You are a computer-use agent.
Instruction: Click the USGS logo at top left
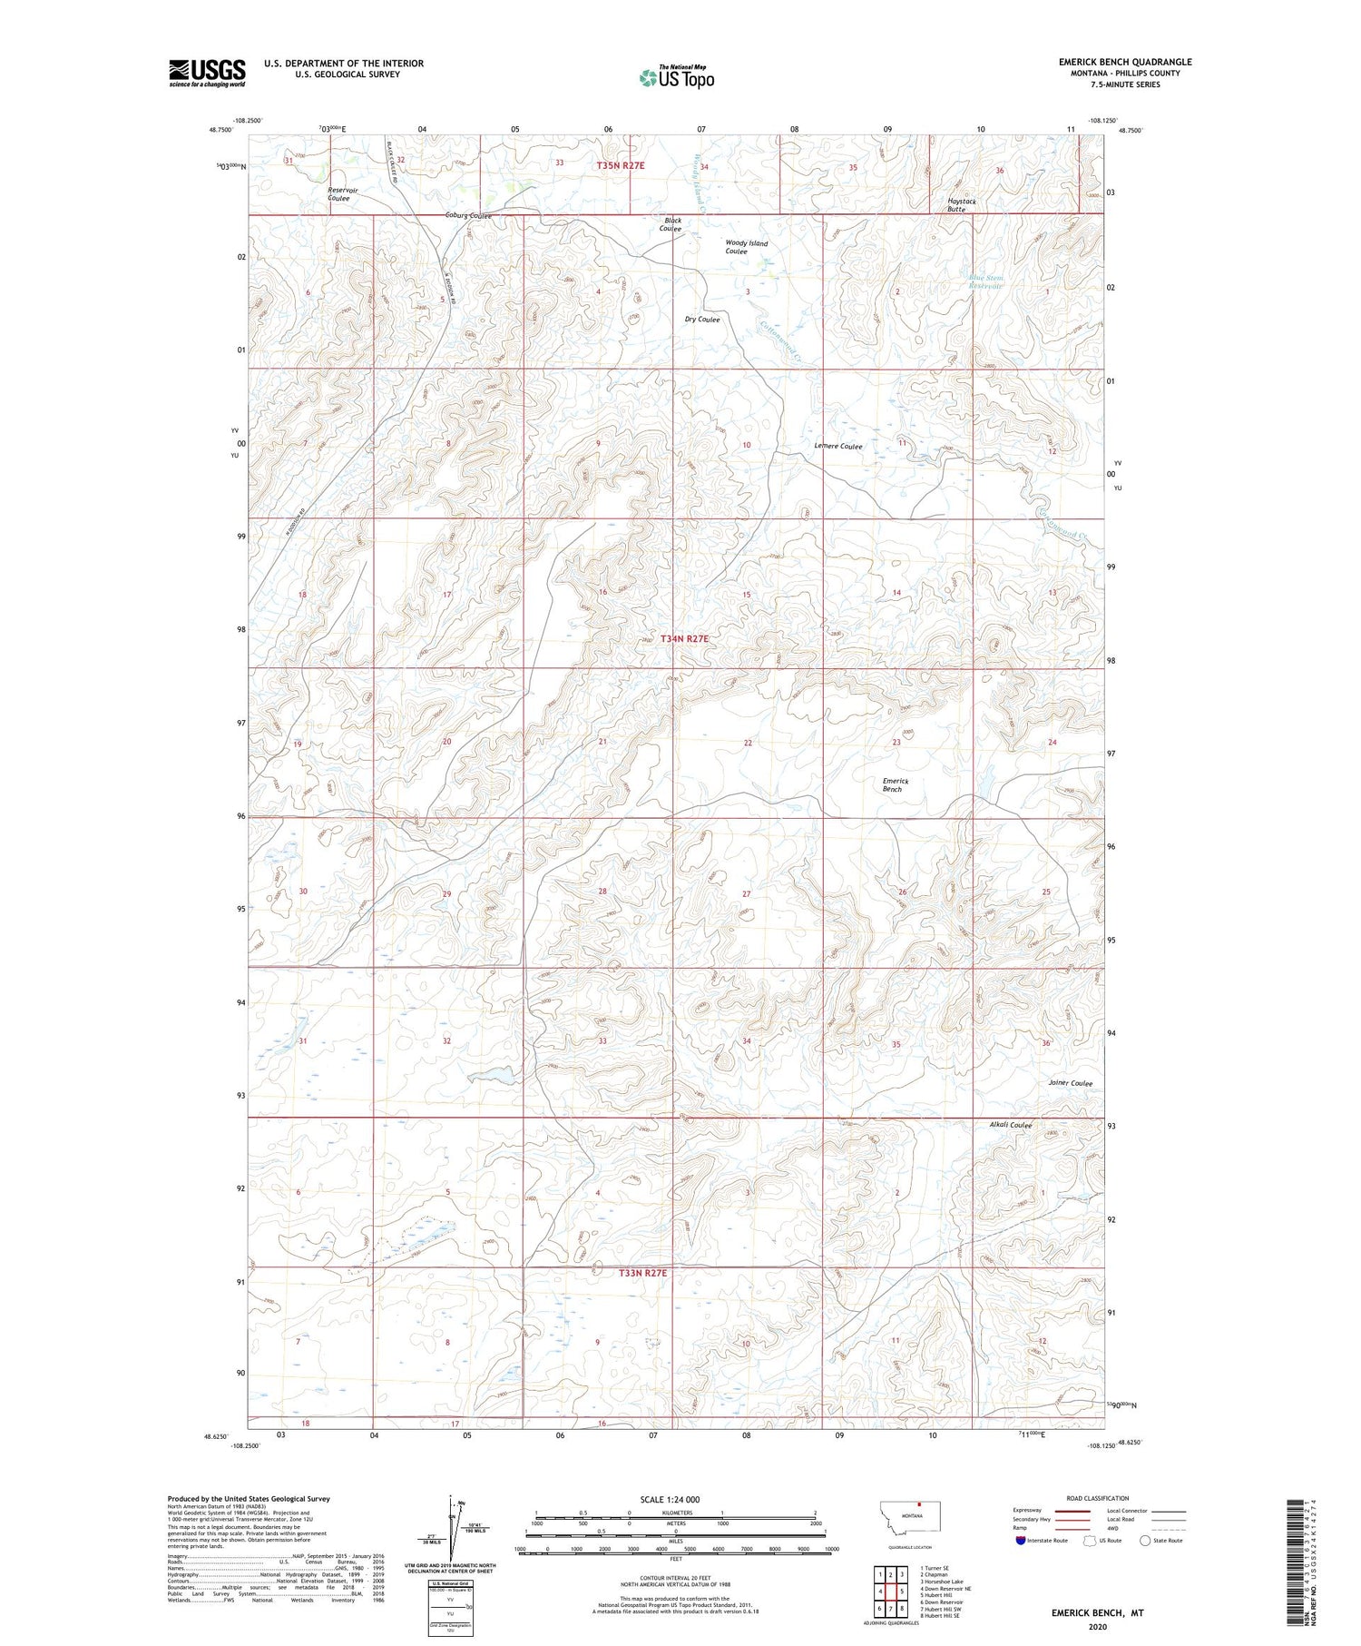(x=206, y=73)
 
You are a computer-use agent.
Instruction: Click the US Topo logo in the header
(x=676, y=78)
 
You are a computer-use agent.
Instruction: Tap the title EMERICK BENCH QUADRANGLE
(x=1124, y=62)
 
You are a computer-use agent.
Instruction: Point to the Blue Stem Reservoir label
(x=985, y=281)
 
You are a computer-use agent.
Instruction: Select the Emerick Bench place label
(x=894, y=785)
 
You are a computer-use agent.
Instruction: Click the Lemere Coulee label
(x=837, y=446)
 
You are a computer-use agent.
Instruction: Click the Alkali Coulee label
(x=1010, y=1125)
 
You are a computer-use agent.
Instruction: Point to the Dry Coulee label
(x=702, y=320)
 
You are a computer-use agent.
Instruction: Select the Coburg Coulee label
(x=467, y=216)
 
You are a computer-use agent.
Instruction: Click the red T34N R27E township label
(x=684, y=639)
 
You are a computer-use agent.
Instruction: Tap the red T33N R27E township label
(x=642, y=1273)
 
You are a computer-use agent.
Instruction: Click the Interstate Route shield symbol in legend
(x=1021, y=1541)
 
